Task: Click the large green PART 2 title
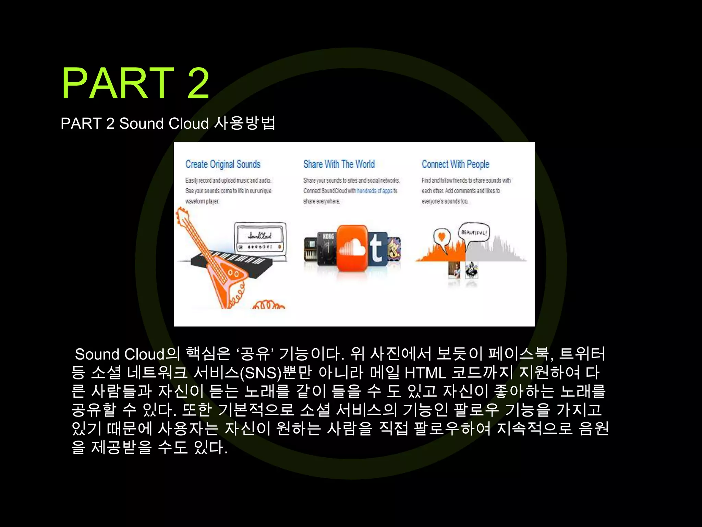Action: click(x=135, y=83)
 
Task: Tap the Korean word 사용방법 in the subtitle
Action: click(x=245, y=123)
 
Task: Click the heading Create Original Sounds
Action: click(x=223, y=164)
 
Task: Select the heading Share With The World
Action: click(x=339, y=164)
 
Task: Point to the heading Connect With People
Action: click(x=455, y=164)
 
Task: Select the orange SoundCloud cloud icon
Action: click(x=352, y=248)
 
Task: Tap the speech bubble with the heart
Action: click(x=441, y=238)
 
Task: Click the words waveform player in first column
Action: click(x=202, y=201)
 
